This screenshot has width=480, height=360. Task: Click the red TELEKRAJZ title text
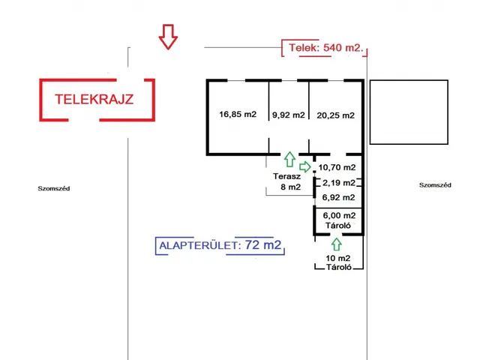pyautogui.click(x=94, y=99)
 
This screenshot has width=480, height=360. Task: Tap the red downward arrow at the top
pyautogui.click(x=168, y=37)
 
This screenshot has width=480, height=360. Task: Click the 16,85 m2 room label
pyautogui.click(x=238, y=115)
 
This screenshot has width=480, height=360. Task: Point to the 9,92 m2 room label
pyautogui.click(x=289, y=115)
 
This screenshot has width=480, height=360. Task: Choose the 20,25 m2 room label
pyautogui.click(x=335, y=115)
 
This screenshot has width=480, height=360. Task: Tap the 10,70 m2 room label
pyautogui.click(x=337, y=167)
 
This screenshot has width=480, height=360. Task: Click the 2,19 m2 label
pyautogui.click(x=338, y=182)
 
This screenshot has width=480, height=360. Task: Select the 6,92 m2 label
pyautogui.click(x=338, y=197)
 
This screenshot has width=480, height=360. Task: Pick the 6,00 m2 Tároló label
pyautogui.click(x=338, y=220)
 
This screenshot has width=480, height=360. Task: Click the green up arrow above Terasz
pyautogui.click(x=289, y=158)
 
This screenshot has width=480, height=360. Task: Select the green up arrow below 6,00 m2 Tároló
pyautogui.click(x=334, y=242)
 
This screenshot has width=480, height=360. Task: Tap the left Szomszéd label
pyautogui.click(x=54, y=188)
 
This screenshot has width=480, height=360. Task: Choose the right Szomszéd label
pyautogui.click(x=435, y=184)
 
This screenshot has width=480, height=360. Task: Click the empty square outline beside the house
pyautogui.click(x=410, y=112)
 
